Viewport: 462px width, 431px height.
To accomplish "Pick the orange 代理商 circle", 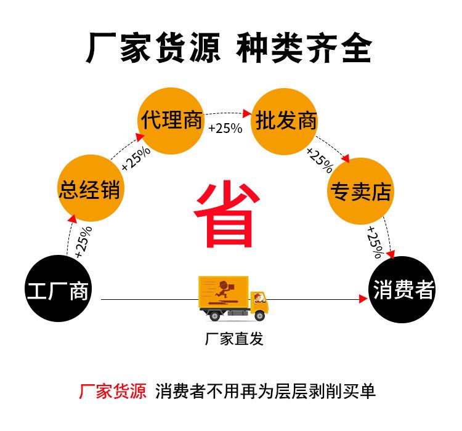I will (x=171, y=120).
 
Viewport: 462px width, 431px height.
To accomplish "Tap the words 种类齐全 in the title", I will (x=304, y=47).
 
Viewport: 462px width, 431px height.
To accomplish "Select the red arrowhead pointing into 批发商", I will (x=248, y=113).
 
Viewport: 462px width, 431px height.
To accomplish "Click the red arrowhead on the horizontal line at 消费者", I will (x=363, y=299).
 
